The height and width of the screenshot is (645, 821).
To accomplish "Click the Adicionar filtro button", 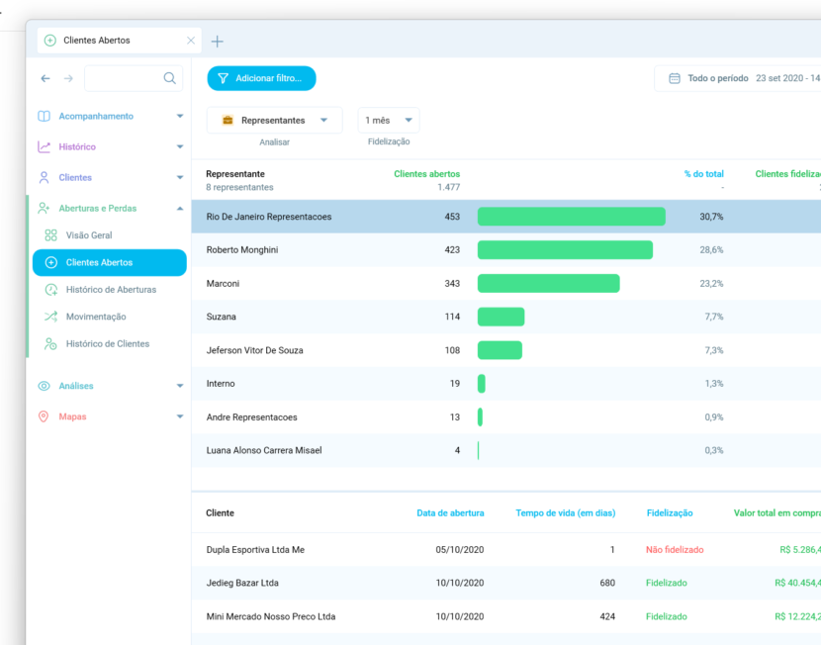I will pyautogui.click(x=261, y=78).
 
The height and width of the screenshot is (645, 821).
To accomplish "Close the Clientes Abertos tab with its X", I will pyautogui.click(x=191, y=41).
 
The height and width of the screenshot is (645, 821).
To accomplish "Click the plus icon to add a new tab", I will pyautogui.click(x=218, y=41).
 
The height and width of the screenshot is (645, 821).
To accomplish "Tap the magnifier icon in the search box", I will pyautogui.click(x=170, y=78).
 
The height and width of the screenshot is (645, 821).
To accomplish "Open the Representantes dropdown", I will pyautogui.click(x=275, y=121).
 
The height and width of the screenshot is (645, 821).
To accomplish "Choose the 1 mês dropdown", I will pyautogui.click(x=389, y=121).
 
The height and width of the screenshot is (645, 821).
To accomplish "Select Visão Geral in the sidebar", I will pyautogui.click(x=89, y=235).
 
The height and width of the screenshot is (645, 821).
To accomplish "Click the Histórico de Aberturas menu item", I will pyautogui.click(x=111, y=290).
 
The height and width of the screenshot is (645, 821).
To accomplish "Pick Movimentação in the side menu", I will pyautogui.click(x=96, y=317).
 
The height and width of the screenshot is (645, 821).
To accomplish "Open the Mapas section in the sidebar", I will pyautogui.click(x=72, y=416).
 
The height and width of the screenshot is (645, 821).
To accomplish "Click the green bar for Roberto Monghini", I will pyautogui.click(x=565, y=250).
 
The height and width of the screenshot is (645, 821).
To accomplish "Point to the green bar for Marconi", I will pyautogui.click(x=548, y=284).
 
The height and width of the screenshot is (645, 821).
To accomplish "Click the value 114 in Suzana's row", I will pyautogui.click(x=452, y=317).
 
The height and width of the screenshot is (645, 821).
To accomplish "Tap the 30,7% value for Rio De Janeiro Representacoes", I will pyautogui.click(x=711, y=217).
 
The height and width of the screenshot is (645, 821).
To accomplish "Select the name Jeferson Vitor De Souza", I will pyautogui.click(x=254, y=350).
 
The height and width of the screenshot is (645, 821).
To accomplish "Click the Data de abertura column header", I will pyautogui.click(x=450, y=513).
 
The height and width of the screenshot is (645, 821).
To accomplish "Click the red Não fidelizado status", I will pyautogui.click(x=675, y=550).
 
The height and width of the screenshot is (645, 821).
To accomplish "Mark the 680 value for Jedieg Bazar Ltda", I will pyautogui.click(x=607, y=584).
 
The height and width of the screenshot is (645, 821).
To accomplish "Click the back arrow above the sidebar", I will pyautogui.click(x=46, y=78).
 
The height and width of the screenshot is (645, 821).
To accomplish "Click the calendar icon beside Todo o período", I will pyautogui.click(x=675, y=78).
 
